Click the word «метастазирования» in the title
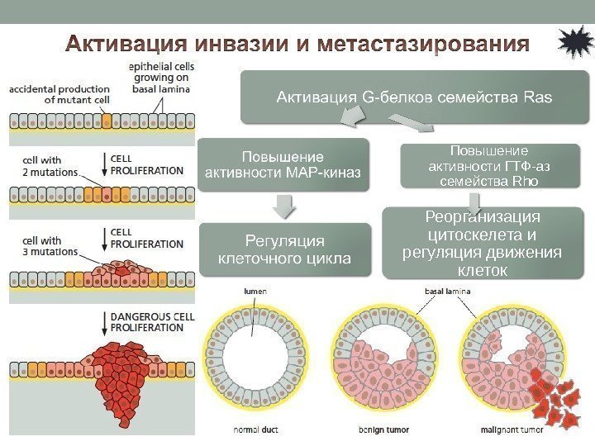pos(426,42)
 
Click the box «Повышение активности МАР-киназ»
pos(283,164)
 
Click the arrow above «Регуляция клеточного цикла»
pos(283,206)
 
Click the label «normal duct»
pos(255,430)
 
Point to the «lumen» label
pos(255,292)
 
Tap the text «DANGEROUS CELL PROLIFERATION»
pos(149,321)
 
